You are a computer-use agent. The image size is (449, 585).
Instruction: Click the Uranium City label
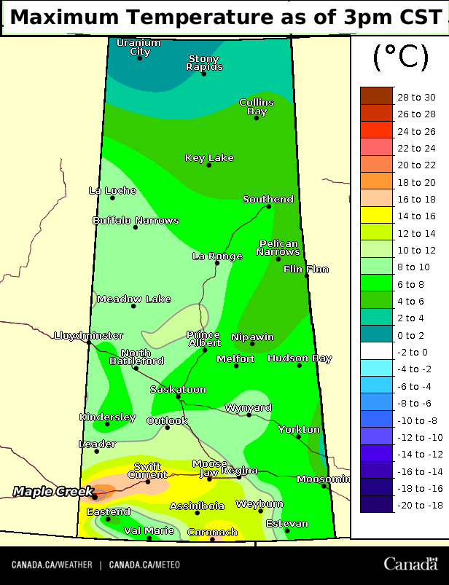pos(139,47)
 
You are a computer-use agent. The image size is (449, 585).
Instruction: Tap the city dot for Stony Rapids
pos(203,74)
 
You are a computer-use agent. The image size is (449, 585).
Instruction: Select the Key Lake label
pos(209,157)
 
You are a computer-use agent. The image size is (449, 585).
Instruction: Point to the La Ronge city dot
pos(216,262)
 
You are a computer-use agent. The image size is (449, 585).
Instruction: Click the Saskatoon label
pos(178,389)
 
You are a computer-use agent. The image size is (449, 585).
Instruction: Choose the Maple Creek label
pos(52,492)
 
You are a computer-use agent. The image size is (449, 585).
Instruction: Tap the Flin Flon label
pos(306,269)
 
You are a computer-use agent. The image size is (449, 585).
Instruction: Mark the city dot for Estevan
pos(287,530)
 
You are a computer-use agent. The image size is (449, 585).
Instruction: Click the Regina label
pos(240,471)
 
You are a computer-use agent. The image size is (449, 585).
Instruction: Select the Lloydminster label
pos(88,335)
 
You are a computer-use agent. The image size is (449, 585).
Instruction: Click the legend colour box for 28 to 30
pos(377,97)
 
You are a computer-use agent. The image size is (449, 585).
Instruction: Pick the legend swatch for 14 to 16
pos(377,216)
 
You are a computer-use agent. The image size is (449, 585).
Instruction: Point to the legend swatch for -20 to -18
pos(377,504)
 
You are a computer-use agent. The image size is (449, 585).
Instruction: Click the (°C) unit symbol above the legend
pos(400,58)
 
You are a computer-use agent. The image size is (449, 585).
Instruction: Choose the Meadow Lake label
pos(133,299)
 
